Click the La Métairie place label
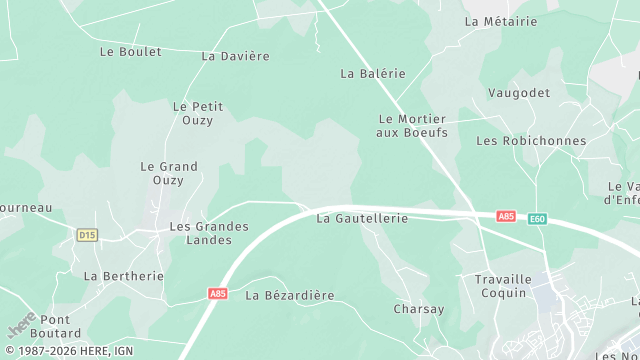click(501, 21)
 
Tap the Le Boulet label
click(131, 51)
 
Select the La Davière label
click(236, 56)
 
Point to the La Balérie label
click(373, 73)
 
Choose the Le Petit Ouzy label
click(197, 113)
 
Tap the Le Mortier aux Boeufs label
click(412, 125)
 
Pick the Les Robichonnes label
click(531, 141)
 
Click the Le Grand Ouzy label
click(169, 173)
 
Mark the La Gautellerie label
click(362, 218)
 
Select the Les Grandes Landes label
click(201, 233)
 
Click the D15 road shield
click(87, 234)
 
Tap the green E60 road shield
click(538, 217)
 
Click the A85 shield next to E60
click(507, 216)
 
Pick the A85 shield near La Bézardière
click(218, 294)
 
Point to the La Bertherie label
click(117, 275)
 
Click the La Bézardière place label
click(290, 295)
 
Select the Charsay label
click(419, 309)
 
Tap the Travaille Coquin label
click(494, 286)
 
